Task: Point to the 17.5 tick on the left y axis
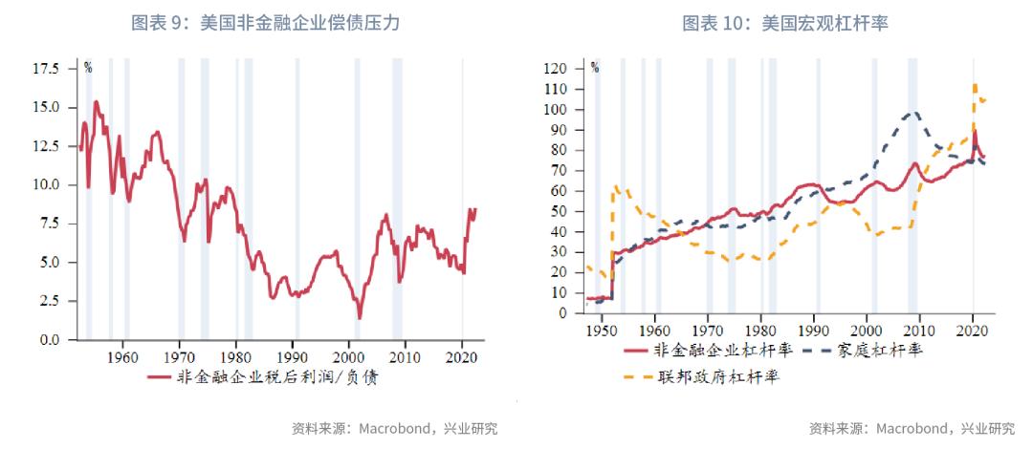[x=45, y=69]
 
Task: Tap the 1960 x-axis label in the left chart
[x=122, y=358]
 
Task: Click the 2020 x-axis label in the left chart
[x=462, y=358]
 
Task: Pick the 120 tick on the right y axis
[x=556, y=69]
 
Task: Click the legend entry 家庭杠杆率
[x=880, y=350]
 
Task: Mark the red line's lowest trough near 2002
[x=360, y=318]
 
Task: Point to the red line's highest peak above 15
[x=96, y=101]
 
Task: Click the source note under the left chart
[x=394, y=429]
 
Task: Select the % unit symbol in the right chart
[x=594, y=67]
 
